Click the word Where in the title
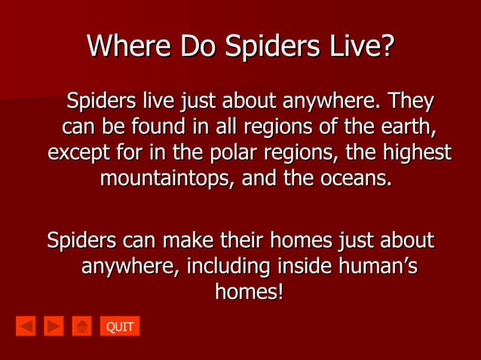click(x=129, y=47)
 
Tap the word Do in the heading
click(x=197, y=47)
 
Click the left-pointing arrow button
click(x=26, y=326)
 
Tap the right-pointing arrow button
click(x=54, y=326)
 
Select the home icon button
click(x=81, y=326)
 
